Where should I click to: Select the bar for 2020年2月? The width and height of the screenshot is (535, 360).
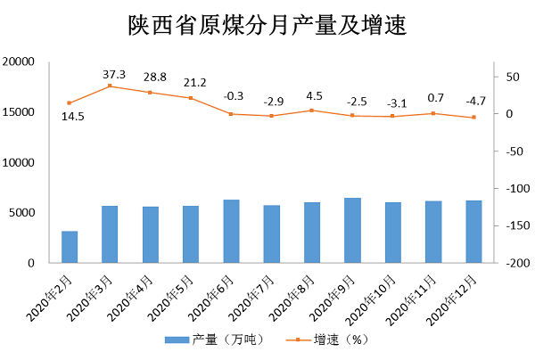70,247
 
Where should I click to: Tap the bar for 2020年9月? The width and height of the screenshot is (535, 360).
352,231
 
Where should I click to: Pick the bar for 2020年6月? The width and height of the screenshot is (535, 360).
231,232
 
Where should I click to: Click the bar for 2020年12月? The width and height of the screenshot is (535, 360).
473,232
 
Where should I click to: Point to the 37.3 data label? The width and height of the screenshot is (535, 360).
114,74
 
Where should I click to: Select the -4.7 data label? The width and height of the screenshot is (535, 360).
473,101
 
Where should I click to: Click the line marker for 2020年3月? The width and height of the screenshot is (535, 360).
110,86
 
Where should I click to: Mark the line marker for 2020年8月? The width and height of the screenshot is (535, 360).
312,110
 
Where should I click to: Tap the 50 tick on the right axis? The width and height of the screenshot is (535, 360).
505,77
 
